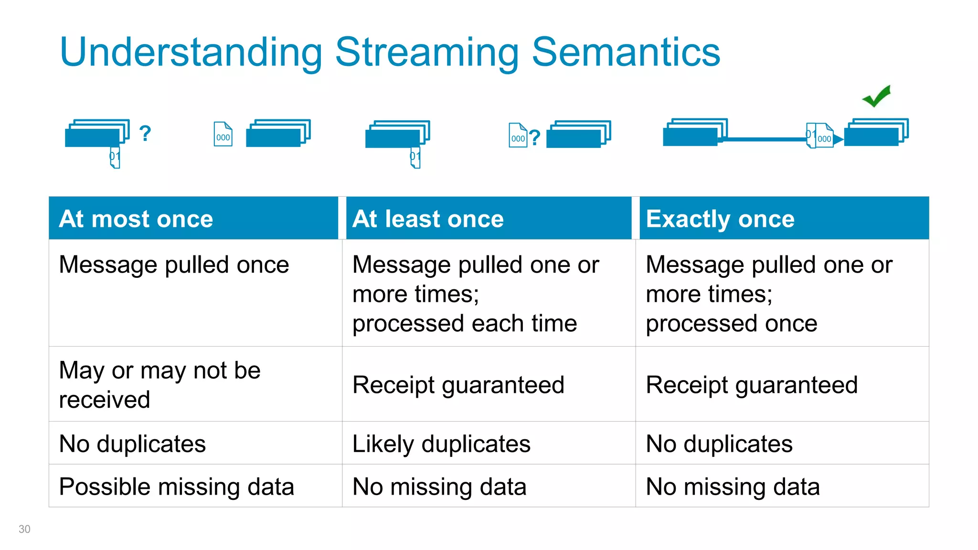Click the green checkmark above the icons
(877, 96)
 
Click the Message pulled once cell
(174, 264)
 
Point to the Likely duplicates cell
(441, 444)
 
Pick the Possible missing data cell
(176, 487)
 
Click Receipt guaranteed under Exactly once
(752, 385)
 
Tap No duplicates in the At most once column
(132, 444)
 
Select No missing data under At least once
(439, 487)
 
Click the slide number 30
(24, 529)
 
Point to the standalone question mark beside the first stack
(145, 133)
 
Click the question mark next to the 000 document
(535, 137)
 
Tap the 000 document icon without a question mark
(223, 134)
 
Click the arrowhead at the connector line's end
(838, 139)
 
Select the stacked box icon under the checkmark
(876, 132)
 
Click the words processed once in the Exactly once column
(731, 323)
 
